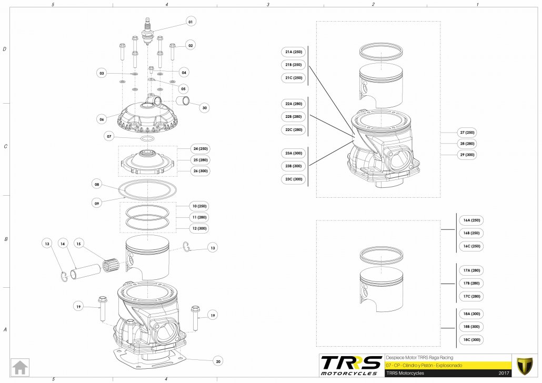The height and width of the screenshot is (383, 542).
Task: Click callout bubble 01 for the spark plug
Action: click(x=190, y=22)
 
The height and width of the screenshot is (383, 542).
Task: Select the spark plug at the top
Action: click(x=148, y=32)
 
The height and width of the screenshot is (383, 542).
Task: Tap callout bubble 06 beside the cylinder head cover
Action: click(x=102, y=119)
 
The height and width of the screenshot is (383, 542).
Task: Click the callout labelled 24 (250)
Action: click(x=200, y=149)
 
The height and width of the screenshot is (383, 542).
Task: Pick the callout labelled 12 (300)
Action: click(x=199, y=228)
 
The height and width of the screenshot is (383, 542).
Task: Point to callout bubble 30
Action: click(x=204, y=108)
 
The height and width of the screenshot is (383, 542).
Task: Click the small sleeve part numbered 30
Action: click(x=183, y=101)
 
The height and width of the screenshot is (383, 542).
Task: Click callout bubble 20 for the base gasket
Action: click(x=218, y=361)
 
